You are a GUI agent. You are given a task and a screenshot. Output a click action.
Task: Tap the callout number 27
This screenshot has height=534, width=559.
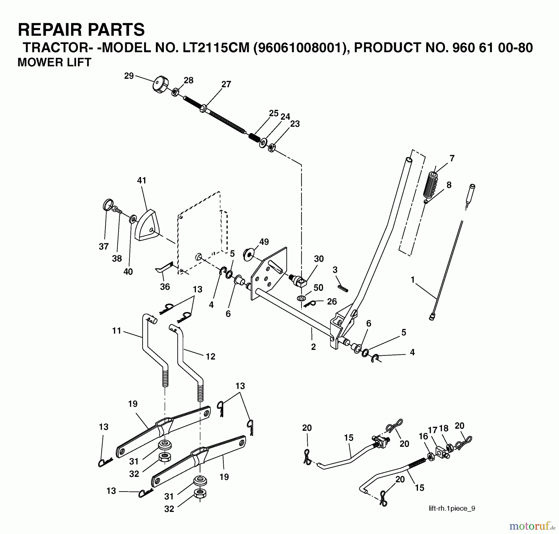[226, 84]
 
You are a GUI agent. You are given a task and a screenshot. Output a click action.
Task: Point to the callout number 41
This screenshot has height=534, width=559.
[142, 180]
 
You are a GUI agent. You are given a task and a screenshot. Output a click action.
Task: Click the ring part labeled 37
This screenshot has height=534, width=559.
[107, 205]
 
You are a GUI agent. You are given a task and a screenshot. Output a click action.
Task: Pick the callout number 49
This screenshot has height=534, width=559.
[264, 242]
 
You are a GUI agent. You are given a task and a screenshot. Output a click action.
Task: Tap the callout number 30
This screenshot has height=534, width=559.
[319, 259]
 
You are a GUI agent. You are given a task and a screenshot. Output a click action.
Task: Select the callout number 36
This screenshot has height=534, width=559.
[165, 287]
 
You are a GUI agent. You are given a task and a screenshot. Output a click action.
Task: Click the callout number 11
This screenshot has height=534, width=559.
[116, 331]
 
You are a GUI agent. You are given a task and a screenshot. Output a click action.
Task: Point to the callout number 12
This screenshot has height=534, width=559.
[210, 357]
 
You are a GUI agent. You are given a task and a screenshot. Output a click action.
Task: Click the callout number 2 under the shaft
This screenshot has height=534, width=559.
[313, 347]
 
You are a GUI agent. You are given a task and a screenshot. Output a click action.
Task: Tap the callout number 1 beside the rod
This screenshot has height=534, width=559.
[412, 280]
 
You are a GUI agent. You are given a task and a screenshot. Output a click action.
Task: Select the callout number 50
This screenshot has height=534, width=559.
[318, 288]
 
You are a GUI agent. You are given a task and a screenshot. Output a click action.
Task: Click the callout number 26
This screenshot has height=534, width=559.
[332, 301]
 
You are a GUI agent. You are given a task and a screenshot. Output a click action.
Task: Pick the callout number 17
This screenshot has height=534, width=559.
[433, 430]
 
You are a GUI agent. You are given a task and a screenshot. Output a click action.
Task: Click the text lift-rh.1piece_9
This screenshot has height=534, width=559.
[452, 508]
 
